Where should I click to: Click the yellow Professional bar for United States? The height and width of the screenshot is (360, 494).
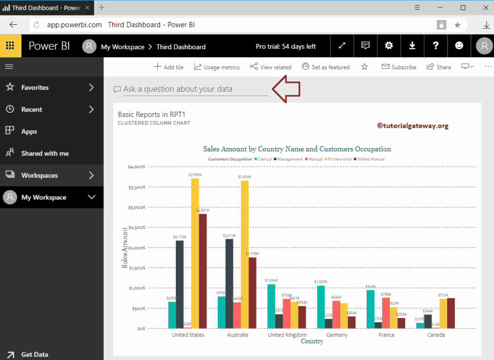195,253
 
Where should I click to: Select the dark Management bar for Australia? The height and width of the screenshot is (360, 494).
229,283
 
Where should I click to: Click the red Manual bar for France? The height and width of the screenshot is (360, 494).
386,313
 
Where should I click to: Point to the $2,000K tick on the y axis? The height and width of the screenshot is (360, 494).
136,248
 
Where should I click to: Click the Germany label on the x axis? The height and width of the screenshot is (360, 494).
337,335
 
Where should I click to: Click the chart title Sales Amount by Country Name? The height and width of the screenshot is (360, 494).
297,149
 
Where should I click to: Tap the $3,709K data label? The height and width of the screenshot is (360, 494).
195,175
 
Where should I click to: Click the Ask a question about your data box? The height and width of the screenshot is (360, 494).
195,89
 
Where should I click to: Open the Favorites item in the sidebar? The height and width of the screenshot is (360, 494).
35,88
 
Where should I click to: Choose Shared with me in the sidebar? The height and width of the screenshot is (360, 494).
44,153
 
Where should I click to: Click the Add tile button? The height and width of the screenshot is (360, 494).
168,67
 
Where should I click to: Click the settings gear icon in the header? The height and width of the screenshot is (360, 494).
389,46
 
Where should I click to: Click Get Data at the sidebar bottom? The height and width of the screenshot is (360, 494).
34,355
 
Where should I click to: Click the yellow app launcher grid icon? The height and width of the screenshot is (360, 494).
10,46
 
